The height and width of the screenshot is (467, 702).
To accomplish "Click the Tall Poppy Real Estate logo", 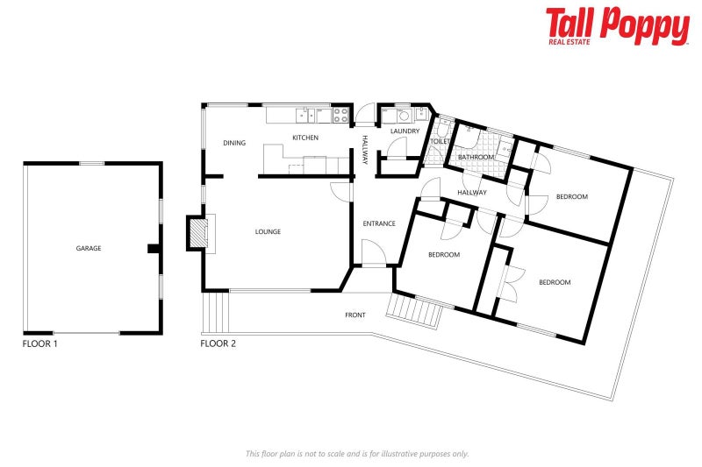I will tap(617, 26).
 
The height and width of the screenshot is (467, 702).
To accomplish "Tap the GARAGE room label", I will tap(89, 249).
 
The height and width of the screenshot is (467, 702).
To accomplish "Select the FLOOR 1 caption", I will tap(39, 343).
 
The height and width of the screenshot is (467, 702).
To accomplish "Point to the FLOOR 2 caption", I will tap(218, 343).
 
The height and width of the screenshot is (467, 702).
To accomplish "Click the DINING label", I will tap(234, 143).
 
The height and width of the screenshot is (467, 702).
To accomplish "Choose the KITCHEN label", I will tap(305, 138).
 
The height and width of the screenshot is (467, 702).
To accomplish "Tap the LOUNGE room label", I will tap(268, 232).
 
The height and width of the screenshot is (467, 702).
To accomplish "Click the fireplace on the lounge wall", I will tap(198, 234).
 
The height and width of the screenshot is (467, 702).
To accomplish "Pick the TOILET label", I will tap(440, 141).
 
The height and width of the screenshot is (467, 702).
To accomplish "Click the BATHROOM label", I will tap(476, 157).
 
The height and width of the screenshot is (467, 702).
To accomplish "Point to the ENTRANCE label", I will tap(379, 224).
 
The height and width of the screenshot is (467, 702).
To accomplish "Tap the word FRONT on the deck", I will tap(355, 315).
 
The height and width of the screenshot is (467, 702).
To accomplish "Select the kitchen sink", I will tap(305, 113).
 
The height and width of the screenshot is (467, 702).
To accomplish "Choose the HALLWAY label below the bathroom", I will tap(472, 193).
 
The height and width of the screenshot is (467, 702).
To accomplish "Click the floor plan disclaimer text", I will tap(356, 453).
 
